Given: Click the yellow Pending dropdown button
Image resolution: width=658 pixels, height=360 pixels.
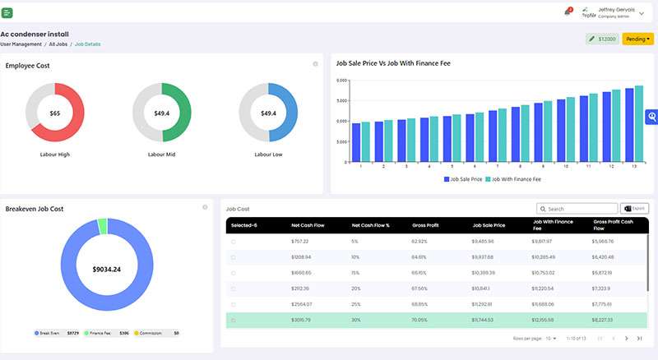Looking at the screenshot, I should click(637, 39).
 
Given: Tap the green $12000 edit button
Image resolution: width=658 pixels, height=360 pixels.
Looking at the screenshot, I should click(602, 39).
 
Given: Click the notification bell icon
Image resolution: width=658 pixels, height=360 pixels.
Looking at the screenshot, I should click(568, 12).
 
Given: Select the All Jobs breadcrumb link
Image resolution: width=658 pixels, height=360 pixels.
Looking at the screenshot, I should click(58, 44).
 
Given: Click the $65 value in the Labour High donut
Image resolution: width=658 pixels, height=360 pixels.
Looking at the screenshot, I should click(55, 113).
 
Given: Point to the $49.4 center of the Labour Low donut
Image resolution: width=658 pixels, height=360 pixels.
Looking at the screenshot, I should click(267, 113).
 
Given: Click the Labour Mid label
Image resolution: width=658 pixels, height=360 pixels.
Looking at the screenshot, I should click(161, 154).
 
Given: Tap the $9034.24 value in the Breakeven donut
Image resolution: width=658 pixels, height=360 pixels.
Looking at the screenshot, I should click(106, 269).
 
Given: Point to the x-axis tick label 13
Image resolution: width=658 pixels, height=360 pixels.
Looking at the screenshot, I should click(633, 166).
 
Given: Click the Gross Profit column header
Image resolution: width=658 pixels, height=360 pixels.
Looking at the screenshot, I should click(426, 224).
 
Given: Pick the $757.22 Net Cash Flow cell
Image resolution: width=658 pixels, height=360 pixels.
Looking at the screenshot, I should click(299, 242).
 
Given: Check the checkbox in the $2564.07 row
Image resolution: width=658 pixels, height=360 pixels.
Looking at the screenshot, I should click(234, 304).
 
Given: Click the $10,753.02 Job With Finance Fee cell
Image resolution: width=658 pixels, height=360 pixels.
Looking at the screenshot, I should click(544, 273).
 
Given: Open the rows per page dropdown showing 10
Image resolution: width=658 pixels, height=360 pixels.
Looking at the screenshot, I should click(553, 339).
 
